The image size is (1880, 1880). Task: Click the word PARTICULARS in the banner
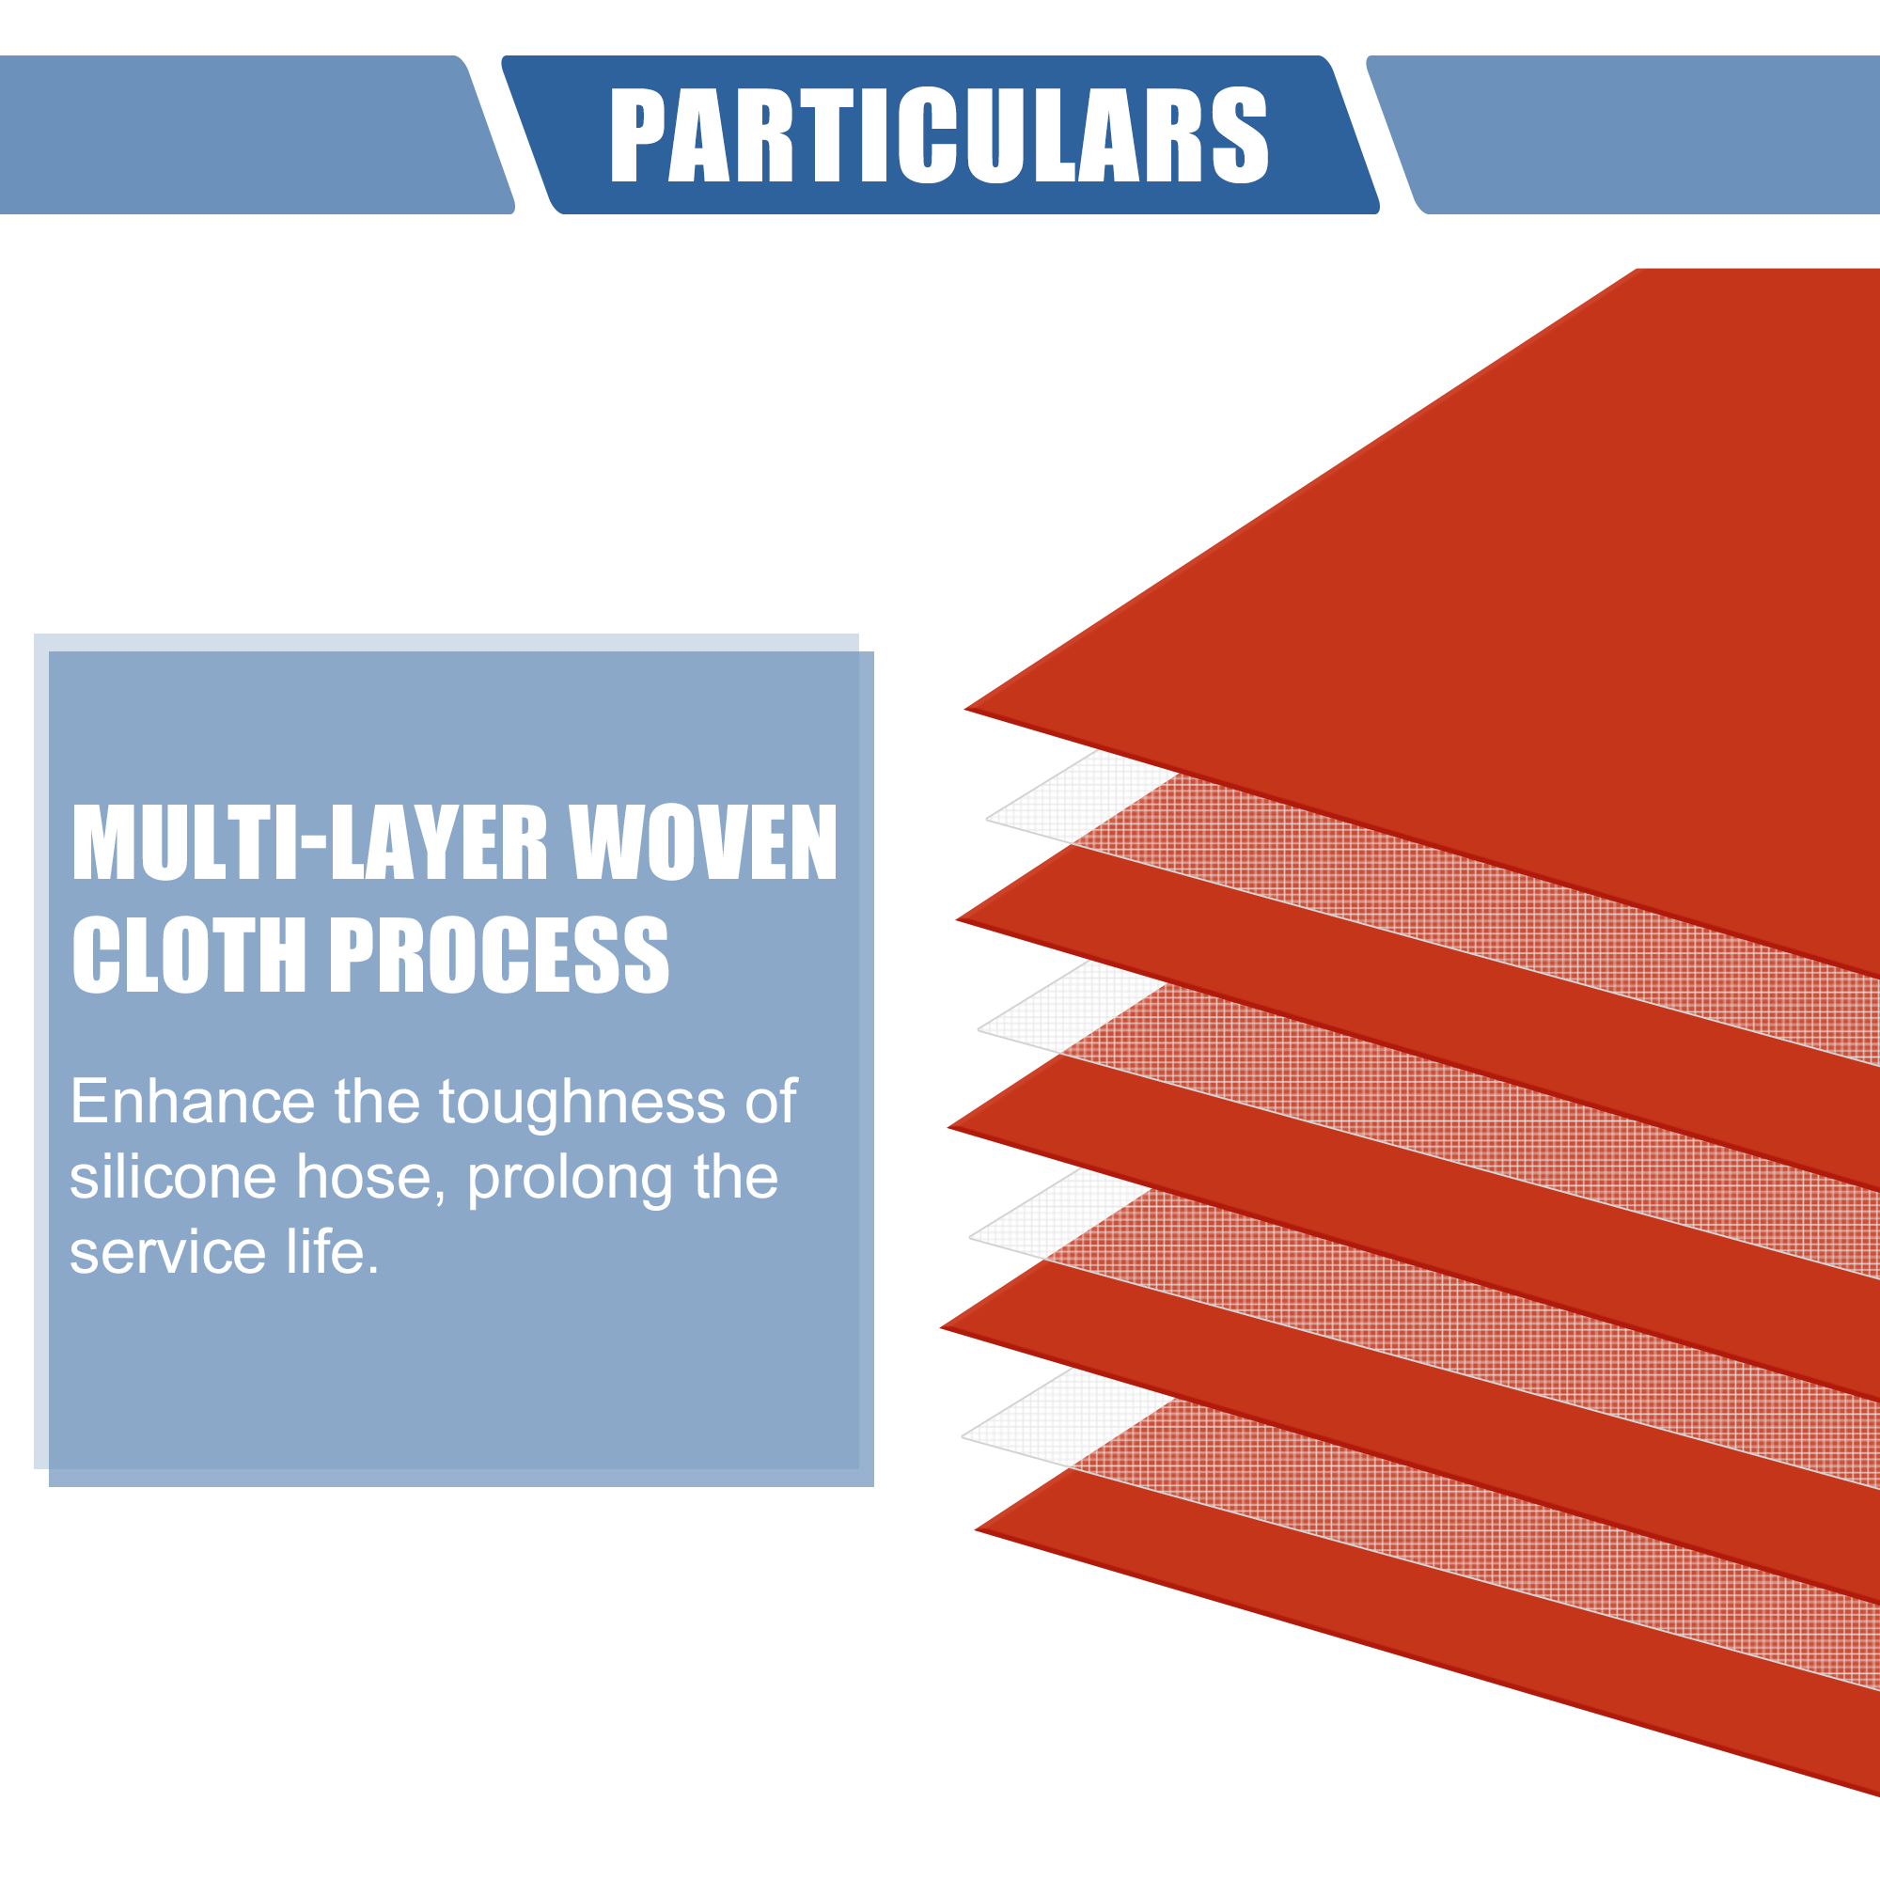(x=939, y=134)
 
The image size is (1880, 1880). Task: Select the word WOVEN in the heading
(x=702, y=842)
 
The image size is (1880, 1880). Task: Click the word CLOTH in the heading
(x=190, y=955)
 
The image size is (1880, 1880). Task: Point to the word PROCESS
(x=500, y=955)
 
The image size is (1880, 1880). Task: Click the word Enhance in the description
(x=193, y=1102)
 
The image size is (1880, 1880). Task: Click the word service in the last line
(x=167, y=1253)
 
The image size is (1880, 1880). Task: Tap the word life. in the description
(x=332, y=1251)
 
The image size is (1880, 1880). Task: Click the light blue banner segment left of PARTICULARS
(x=256, y=134)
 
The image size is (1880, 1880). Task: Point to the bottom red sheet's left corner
(x=976, y=1529)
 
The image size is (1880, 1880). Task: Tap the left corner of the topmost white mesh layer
(x=987, y=819)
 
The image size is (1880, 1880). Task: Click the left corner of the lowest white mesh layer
(x=963, y=1435)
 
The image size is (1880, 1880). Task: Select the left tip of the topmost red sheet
(x=964, y=709)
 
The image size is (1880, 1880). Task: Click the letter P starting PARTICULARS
(x=635, y=134)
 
